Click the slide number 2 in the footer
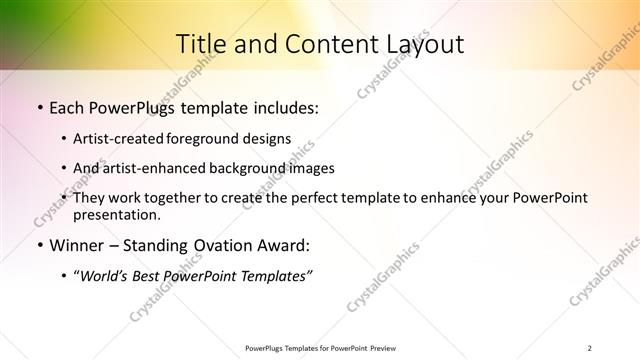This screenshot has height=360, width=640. tap(590, 348)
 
